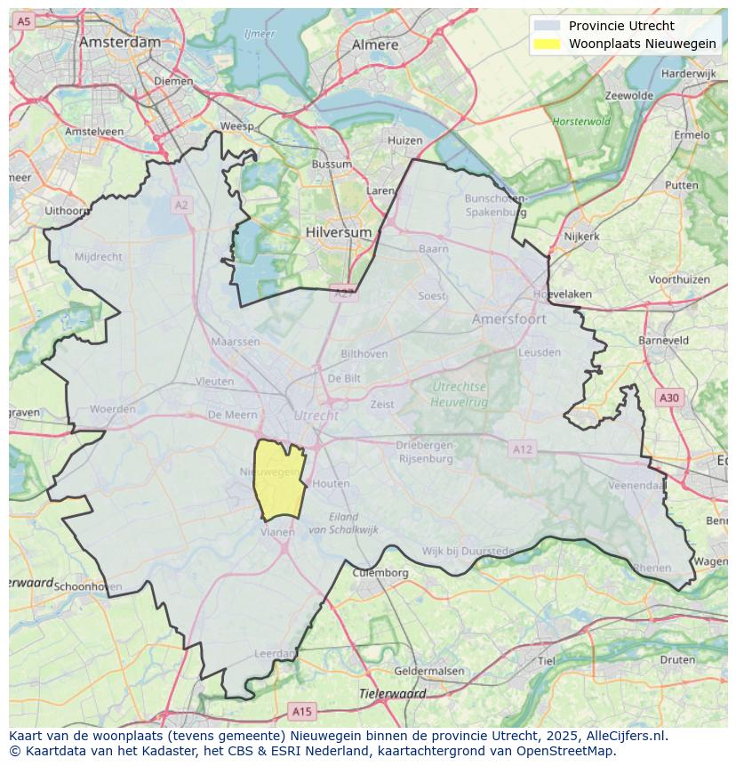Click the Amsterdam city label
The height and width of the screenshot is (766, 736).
tap(120, 42)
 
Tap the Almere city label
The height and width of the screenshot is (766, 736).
tap(375, 44)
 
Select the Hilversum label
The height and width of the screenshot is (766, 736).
tap(338, 231)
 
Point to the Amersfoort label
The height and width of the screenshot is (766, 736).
tap(509, 318)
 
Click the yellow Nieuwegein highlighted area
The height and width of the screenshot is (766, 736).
tap(278, 480)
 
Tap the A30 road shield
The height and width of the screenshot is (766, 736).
tap(668, 398)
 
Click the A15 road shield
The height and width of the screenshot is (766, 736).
tap(302, 711)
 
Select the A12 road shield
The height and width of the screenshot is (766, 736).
tap(522, 449)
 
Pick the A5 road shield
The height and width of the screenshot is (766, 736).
tap(23, 20)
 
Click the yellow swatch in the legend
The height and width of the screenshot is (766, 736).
tap(548, 44)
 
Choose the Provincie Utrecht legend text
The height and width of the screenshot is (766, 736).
tap(621, 26)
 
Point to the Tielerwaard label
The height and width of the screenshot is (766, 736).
tap(392, 693)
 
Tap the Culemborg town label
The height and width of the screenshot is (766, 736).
tap(380, 573)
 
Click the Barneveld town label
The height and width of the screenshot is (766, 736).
tap(663, 340)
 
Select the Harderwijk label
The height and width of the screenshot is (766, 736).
tap(689, 73)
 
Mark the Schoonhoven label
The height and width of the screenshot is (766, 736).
tap(88, 587)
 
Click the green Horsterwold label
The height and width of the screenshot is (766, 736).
tap(580, 121)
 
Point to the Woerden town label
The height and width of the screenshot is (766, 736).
tap(113, 409)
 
